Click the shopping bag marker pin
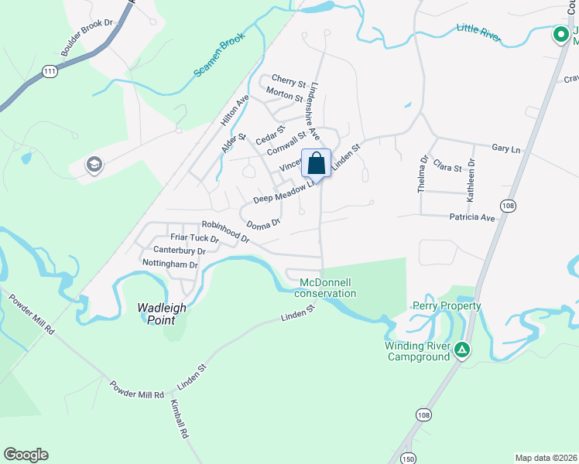(x=316, y=162)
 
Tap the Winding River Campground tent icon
(x=462, y=350)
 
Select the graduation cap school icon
(x=94, y=165)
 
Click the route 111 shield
(x=50, y=70)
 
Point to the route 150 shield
(x=408, y=459)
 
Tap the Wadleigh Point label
(x=162, y=307)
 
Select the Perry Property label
(x=447, y=305)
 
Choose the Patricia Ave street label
(x=472, y=218)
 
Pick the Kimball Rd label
(x=180, y=420)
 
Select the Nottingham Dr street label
(x=170, y=264)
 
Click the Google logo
(x=26, y=455)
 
